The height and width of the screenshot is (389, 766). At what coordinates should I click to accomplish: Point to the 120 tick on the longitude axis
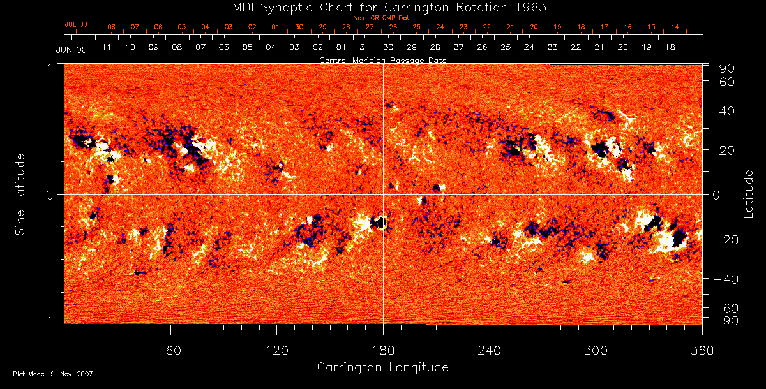pos(276,351)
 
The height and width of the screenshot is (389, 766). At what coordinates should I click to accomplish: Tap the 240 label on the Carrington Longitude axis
pos(489,351)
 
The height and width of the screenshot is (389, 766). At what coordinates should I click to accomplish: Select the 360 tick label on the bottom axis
pos(702,351)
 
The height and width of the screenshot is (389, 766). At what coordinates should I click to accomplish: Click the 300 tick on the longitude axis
pos(595,351)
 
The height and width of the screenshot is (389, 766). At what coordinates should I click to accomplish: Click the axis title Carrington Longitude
pos(382,367)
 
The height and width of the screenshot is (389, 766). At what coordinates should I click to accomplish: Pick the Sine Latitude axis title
pos(20,194)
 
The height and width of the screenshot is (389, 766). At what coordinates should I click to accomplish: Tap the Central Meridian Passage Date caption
pos(382,60)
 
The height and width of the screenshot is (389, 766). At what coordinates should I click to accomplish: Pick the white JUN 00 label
pos(71,50)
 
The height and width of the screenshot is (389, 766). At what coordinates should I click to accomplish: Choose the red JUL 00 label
pos(76,24)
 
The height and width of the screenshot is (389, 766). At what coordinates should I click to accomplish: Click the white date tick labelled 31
pos(364,47)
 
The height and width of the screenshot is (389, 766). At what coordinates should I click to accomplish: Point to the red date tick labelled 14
pos(675,27)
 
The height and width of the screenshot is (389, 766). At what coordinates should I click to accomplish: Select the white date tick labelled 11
pos(107,47)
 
